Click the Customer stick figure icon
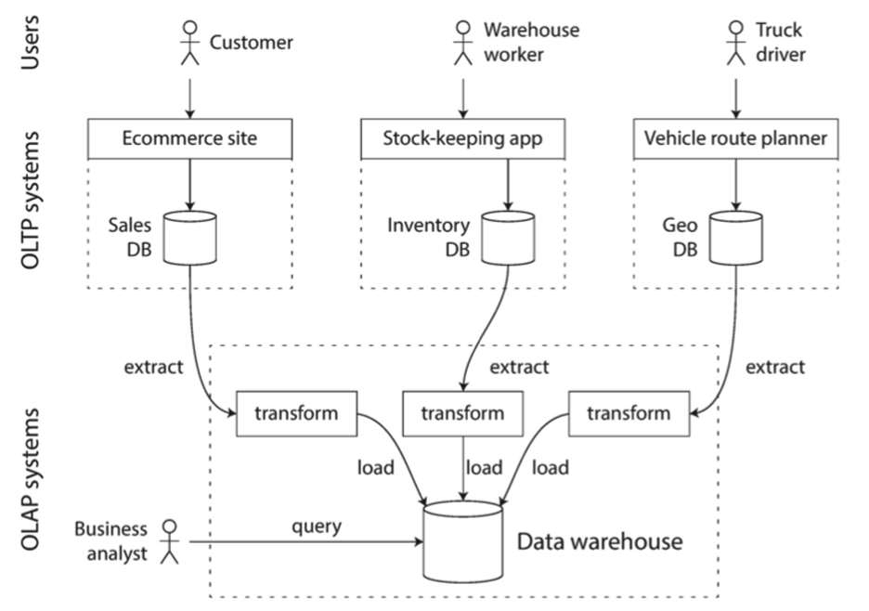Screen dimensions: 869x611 tap(190, 43)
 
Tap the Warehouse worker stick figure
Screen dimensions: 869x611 tap(463, 43)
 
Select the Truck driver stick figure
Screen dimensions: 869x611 tap(736, 43)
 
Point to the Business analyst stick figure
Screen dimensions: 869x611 tap(170, 541)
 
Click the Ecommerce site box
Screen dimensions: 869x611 tap(190, 138)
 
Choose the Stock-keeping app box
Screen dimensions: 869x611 tap(463, 138)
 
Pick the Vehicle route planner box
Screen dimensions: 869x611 tap(736, 138)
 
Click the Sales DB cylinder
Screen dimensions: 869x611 tap(190, 238)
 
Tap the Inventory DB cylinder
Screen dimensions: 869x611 tap(508, 238)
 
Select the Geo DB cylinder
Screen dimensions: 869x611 tap(736, 238)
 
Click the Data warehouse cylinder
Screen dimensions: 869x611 tap(463, 541)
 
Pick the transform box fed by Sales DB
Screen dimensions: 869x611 tap(296, 413)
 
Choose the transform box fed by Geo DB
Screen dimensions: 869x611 tap(629, 413)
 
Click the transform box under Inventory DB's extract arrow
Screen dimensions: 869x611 tap(462, 413)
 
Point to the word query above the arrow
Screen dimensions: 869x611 tap(317, 526)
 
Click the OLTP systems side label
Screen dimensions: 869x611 tap(30, 201)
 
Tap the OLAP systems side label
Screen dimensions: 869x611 tap(30, 479)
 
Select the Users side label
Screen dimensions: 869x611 tap(30, 42)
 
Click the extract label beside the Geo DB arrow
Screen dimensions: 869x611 tap(775, 367)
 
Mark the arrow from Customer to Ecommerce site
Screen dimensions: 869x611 tap(190, 98)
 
